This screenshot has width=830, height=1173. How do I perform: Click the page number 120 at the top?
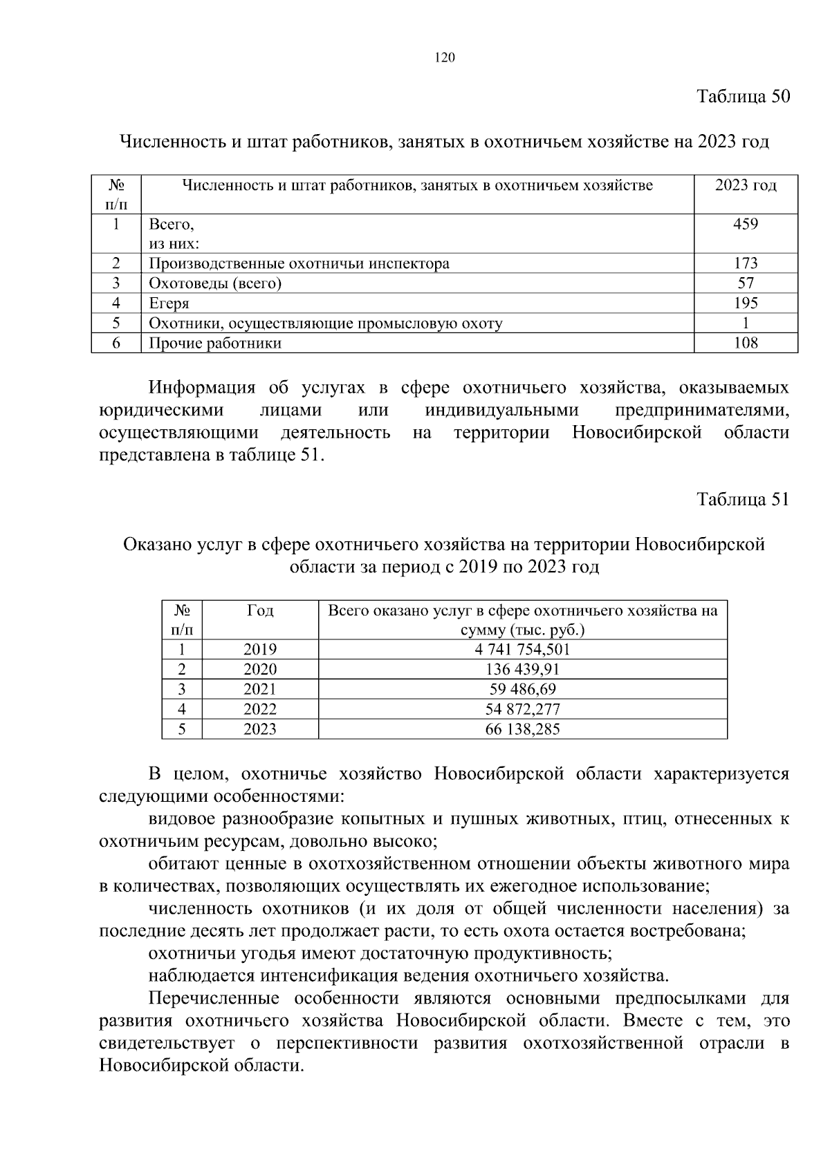point(445,58)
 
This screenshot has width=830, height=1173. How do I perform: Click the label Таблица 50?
point(743,96)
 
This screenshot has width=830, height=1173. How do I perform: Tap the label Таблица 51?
point(743,500)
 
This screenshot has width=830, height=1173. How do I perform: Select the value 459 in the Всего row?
point(745,224)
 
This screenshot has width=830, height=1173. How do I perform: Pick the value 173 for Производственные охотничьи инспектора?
point(745,263)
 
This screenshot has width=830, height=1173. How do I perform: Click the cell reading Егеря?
point(169,303)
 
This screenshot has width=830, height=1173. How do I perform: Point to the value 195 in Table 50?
point(745,303)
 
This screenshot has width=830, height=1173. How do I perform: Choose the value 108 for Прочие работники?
point(745,343)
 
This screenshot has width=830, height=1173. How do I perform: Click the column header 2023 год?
point(745,185)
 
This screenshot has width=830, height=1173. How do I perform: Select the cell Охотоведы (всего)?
point(215,283)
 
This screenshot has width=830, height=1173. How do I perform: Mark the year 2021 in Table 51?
point(259,689)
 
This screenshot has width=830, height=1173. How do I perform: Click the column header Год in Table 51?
point(259,611)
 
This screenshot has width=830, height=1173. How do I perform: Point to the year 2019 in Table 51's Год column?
point(259,650)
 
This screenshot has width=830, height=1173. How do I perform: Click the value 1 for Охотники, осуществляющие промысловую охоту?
point(745,323)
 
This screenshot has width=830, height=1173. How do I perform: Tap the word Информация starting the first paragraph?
point(202,388)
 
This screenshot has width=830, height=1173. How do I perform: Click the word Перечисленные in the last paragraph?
point(214,999)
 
